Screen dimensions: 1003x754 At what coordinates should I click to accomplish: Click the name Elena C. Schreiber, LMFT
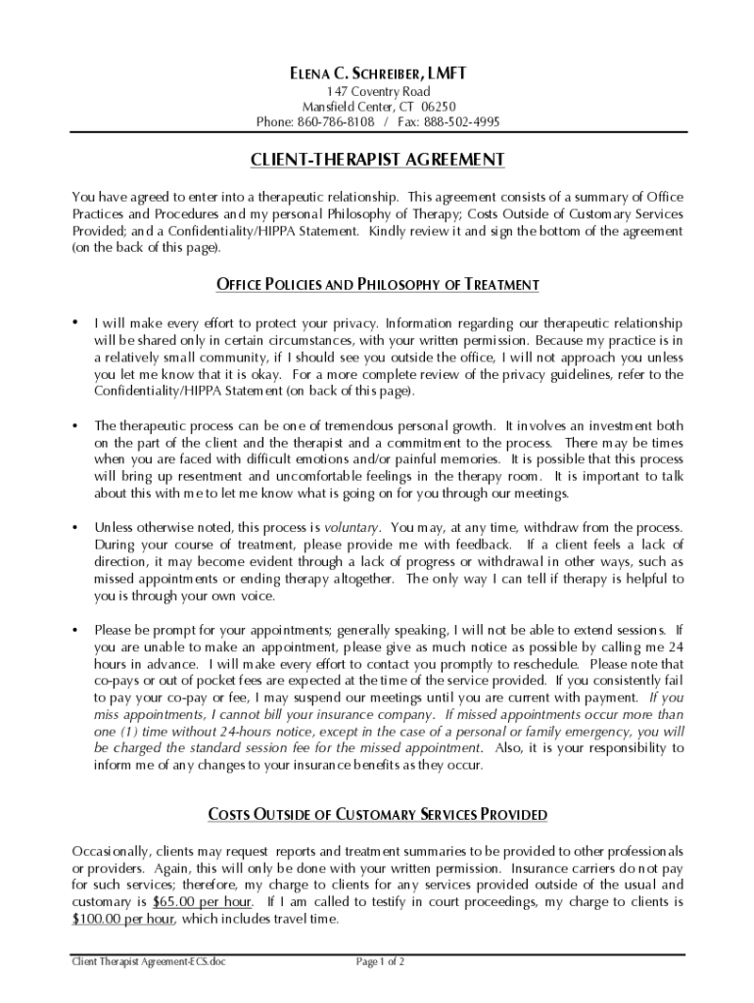(377, 74)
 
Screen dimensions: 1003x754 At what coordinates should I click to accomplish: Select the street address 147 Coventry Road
(377, 91)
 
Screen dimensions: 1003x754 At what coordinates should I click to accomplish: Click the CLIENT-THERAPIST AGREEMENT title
(377, 159)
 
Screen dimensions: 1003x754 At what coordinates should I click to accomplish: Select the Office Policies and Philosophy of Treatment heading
(377, 285)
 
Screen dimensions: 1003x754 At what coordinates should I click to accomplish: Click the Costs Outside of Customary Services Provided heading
(377, 814)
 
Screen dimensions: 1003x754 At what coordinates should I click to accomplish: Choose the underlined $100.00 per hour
(123, 919)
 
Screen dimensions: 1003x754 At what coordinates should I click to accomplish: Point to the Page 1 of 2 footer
(380, 963)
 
